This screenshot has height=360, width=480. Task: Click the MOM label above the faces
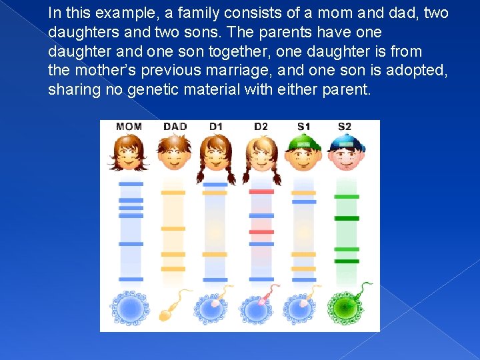[x=129, y=127]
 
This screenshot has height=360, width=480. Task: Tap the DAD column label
[x=175, y=127]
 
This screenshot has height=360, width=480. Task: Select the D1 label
[x=216, y=127]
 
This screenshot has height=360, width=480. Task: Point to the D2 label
[x=261, y=127]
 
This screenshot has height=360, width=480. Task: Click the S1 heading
[x=304, y=127]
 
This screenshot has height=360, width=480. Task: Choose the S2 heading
[x=345, y=127]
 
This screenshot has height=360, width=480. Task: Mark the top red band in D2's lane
[x=261, y=192]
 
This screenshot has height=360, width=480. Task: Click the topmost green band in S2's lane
[x=347, y=197]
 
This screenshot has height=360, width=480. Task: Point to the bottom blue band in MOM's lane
[x=131, y=279]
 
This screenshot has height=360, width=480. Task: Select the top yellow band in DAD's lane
[x=173, y=193]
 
